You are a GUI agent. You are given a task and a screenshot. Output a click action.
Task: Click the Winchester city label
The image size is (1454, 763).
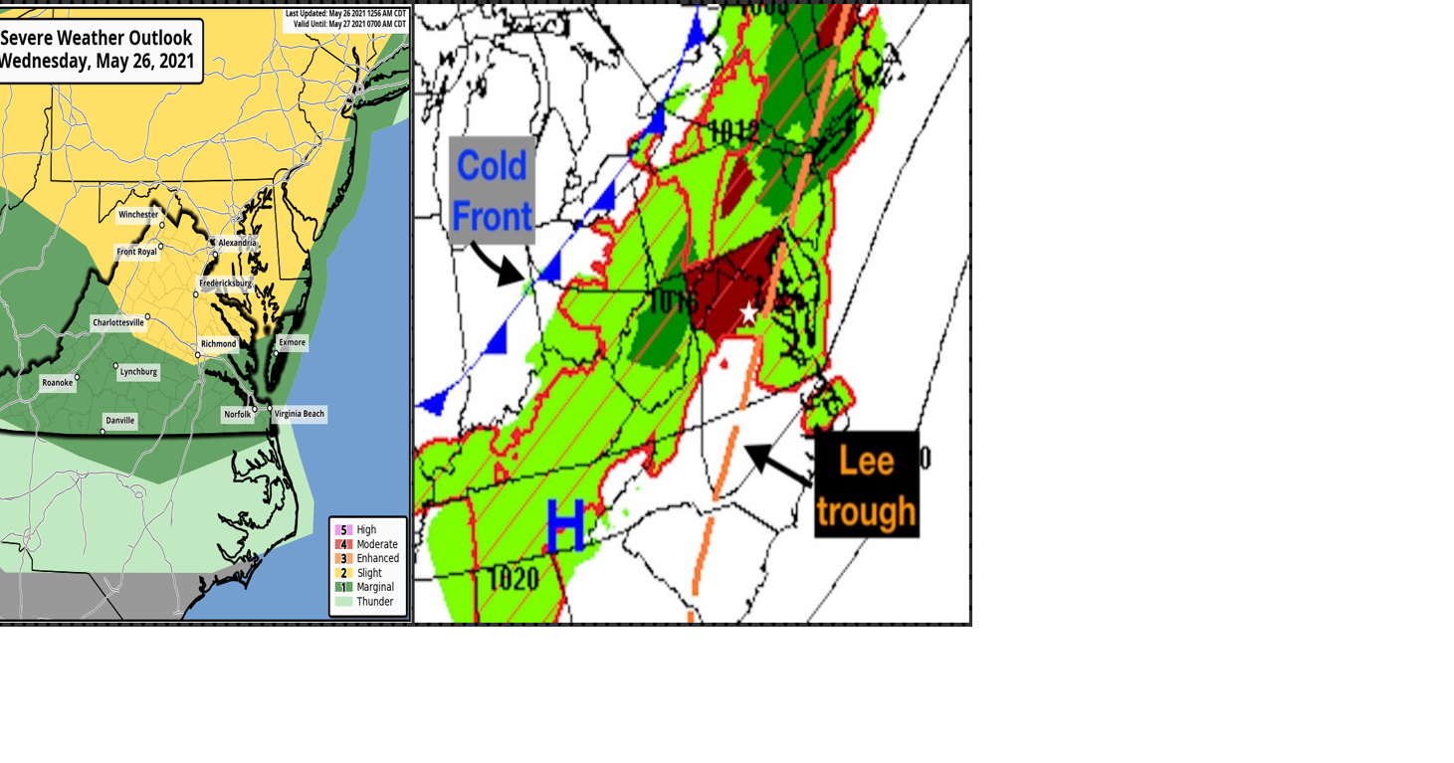(x=138, y=215)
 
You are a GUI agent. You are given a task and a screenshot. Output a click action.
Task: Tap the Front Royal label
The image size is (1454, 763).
(x=136, y=252)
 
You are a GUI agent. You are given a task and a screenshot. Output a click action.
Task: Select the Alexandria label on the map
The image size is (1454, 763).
(x=237, y=243)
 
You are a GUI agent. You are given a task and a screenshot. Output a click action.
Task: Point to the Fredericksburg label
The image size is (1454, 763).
(x=225, y=284)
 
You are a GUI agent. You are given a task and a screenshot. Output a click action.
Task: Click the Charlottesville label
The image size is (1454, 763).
(x=117, y=322)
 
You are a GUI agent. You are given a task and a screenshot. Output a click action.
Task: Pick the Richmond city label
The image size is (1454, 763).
(x=218, y=344)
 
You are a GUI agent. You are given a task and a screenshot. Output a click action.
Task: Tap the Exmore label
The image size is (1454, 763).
(x=292, y=342)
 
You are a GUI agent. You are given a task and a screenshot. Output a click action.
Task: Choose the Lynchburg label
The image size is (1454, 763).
(x=138, y=372)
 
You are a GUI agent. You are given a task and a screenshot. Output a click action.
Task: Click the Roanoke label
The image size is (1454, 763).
(x=57, y=383)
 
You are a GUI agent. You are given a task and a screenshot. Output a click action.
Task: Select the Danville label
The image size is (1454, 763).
(x=119, y=421)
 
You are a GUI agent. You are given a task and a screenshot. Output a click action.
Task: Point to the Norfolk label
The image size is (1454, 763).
(x=237, y=415)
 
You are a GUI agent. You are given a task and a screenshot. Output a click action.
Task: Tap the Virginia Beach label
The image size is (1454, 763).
(x=299, y=414)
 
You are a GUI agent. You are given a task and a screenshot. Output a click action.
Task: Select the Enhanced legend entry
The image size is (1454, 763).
(x=377, y=559)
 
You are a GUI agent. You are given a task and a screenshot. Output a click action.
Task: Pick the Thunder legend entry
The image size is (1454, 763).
(x=374, y=602)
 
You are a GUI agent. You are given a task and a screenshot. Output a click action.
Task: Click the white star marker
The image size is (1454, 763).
(x=748, y=314)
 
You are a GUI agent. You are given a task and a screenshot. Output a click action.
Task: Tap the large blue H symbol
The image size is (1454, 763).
(x=565, y=527)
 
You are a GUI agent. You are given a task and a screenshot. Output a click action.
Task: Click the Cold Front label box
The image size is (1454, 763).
(x=492, y=190)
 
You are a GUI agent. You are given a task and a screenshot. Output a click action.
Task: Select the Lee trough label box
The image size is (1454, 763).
(x=866, y=484)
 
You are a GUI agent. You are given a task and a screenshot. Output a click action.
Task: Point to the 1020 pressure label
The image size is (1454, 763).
(x=515, y=579)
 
